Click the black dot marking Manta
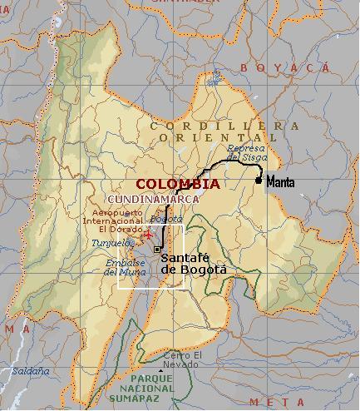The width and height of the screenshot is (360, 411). (x=259, y=181)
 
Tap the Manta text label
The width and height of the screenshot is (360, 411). (x=282, y=181)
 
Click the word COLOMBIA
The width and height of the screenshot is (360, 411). (x=178, y=184)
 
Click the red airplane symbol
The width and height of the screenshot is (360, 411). (x=149, y=235)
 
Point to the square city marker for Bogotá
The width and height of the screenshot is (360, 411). (x=157, y=249)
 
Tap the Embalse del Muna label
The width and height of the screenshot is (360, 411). (x=126, y=267)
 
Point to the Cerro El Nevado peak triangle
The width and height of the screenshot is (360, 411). (x=160, y=369)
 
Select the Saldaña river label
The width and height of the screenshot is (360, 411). (x=26, y=371)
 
